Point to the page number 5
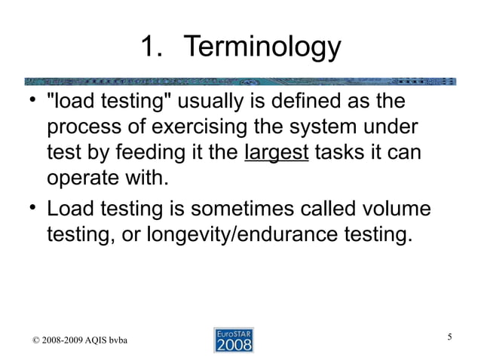(450, 336)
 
